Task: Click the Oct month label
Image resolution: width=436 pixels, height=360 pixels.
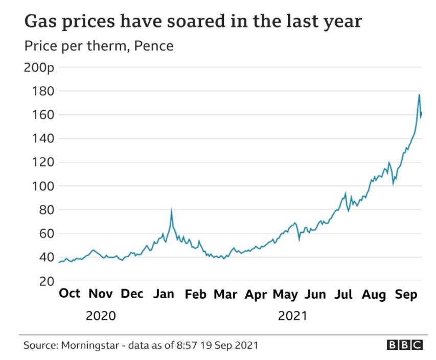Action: pyautogui.click(x=70, y=294)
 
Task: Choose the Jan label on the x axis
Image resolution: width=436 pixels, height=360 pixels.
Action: pyautogui.click(x=164, y=294)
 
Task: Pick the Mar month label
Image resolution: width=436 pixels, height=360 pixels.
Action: pyautogui.click(x=225, y=294)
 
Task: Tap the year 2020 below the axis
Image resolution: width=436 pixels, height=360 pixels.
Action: pyautogui.click(x=101, y=316)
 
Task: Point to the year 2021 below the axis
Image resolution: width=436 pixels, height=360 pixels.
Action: pyautogui.click(x=292, y=316)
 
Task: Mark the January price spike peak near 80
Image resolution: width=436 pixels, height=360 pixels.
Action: pyautogui.click(x=171, y=209)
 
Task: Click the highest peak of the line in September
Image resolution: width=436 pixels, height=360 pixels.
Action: pyautogui.click(x=419, y=94)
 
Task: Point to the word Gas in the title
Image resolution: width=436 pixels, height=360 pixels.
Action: pyautogui.click(x=41, y=23)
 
